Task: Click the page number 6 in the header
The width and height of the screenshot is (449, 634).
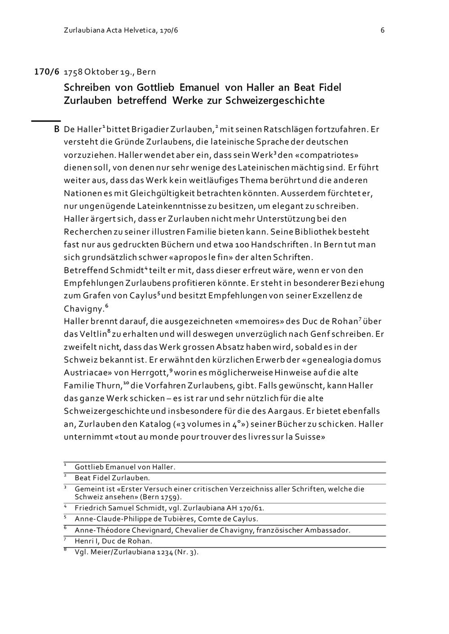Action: pos(382,30)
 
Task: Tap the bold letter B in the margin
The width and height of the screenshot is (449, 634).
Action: pos(57,129)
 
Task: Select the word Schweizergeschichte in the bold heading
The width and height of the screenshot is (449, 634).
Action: pos(275,100)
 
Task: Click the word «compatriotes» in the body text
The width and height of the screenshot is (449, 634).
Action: pos(321,155)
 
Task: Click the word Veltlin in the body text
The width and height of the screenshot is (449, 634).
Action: pos(92,334)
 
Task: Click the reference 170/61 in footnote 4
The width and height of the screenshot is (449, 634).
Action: pos(251,508)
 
